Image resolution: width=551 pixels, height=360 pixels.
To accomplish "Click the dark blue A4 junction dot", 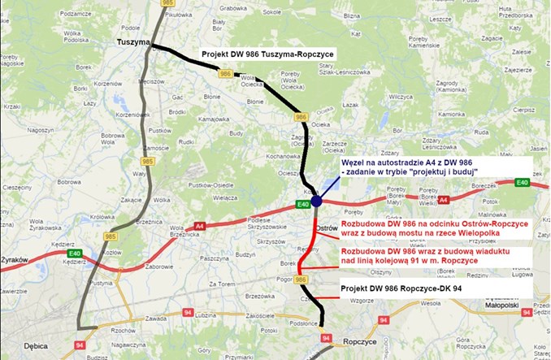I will (x=317, y=201).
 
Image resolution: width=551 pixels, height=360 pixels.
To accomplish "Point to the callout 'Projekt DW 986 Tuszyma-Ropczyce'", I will (x=267, y=55).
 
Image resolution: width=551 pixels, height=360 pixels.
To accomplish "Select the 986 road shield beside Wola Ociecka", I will (x=226, y=75).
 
